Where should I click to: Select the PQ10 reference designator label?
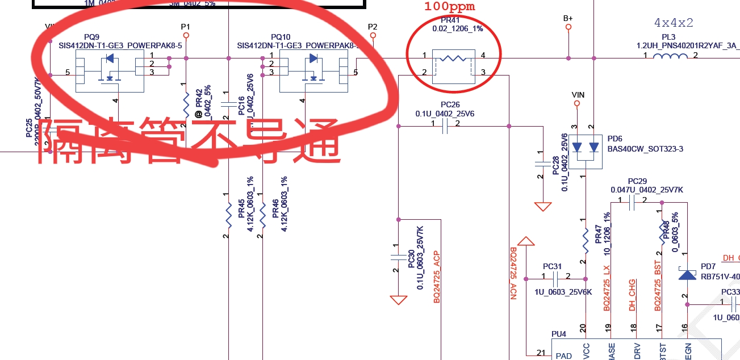coord(281,36)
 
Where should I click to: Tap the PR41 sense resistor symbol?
coord(453,58)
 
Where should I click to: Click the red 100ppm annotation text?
coord(449,7)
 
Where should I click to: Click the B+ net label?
coord(568,18)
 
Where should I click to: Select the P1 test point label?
coord(185,27)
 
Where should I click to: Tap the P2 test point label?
coord(373,27)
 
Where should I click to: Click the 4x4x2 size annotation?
coord(674,23)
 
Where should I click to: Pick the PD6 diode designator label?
coord(615,139)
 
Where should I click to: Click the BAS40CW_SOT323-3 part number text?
coord(637,149)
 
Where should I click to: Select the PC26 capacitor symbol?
coord(445,128)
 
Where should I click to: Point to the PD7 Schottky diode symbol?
coord(688,275)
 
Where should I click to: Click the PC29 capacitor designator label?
coord(637,181)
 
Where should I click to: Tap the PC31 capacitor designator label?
coord(552,266)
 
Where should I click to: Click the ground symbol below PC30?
coord(399,299)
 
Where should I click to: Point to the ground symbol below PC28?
coord(543,206)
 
